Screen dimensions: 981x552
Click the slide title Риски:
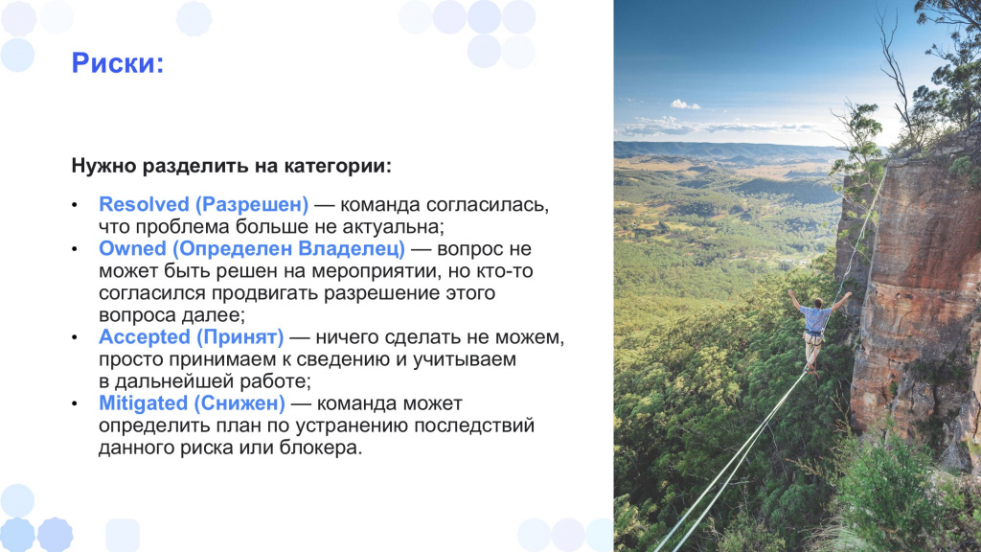coord(118,63)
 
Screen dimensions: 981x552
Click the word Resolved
coord(144,204)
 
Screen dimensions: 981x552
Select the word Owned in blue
coord(132,248)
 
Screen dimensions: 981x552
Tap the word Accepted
coord(145,337)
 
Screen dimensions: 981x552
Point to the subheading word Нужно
coord(104,166)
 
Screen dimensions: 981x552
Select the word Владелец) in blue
coord(352,249)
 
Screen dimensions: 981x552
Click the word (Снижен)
coord(239,403)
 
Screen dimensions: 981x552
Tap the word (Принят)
coord(240,337)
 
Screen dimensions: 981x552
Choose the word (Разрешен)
coord(252,205)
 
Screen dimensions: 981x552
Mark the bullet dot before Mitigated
coord(75,404)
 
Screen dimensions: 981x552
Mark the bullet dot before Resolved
coord(75,205)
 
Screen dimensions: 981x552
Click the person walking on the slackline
coord(815,331)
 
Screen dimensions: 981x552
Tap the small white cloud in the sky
coord(685,104)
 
